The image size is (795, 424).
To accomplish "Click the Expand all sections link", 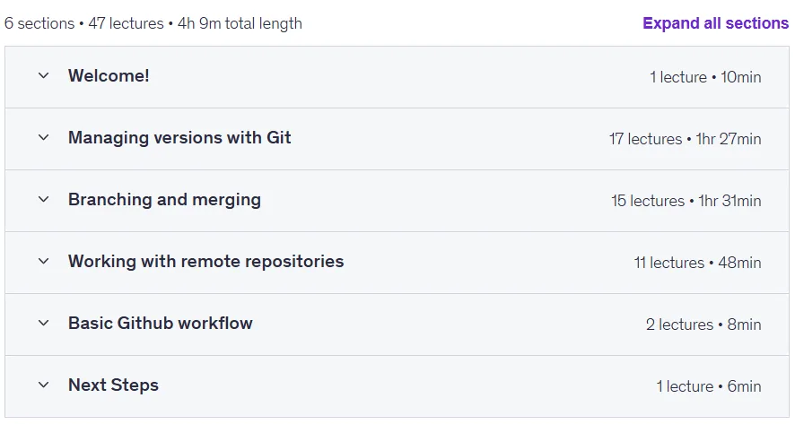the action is [715, 23].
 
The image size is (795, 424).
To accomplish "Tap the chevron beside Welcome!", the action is [44, 76].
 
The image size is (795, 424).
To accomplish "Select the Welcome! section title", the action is [109, 76].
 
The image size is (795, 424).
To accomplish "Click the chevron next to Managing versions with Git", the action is [44, 138].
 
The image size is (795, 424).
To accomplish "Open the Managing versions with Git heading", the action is [179, 138].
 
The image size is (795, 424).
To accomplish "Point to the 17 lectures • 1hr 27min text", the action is [685, 139].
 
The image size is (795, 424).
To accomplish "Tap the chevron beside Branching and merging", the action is [44, 200].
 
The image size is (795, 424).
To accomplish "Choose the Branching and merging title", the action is [164, 200].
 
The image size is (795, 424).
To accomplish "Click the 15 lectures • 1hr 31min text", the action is [686, 201].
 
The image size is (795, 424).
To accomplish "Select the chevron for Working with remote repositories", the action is [44, 262].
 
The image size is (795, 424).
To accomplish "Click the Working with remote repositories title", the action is [205, 262].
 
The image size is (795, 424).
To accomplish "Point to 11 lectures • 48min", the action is [698, 263].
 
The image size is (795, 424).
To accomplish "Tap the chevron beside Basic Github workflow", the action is [44, 324].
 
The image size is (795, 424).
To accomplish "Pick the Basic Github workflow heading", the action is [161, 324].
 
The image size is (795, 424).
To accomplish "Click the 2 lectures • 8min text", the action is [703, 324].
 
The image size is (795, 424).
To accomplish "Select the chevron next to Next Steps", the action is [44, 385].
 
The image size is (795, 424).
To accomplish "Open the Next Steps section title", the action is [114, 385].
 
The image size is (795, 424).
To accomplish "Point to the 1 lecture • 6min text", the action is [709, 386].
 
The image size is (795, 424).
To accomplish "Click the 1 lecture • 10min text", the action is [705, 77].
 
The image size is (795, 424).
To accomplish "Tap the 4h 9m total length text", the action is [240, 23].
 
